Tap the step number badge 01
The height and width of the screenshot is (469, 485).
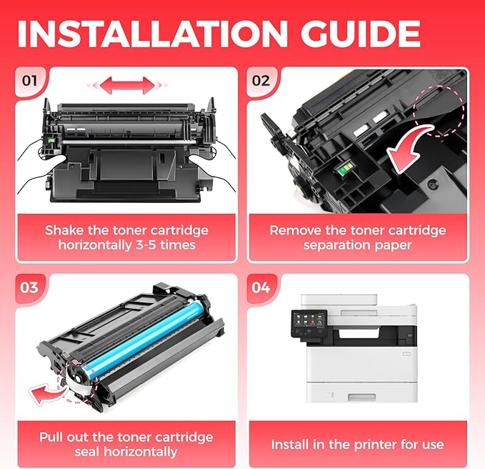tap(29, 80)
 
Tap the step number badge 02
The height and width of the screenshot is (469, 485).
tap(261, 80)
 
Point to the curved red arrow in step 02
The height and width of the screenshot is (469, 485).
tap(412, 144)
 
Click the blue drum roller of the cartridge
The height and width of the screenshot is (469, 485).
tap(143, 335)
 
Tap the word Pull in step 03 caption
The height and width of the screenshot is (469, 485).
tap(55, 437)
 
